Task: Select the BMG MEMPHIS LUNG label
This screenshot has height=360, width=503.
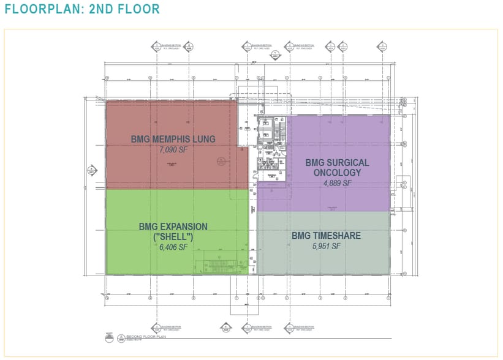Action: click(x=173, y=139)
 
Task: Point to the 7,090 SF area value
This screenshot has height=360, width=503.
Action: click(x=173, y=149)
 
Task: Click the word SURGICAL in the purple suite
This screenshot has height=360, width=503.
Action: click(x=347, y=163)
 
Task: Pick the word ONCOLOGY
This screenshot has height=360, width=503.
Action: click(x=338, y=173)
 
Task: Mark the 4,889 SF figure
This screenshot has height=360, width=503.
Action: click(x=338, y=182)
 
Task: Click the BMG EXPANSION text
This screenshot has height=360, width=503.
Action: click(x=173, y=227)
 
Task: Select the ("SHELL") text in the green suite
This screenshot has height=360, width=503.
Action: click(x=173, y=237)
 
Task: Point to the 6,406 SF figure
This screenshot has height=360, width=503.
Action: click(x=173, y=247)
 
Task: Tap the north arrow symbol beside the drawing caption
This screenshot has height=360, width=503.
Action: click(x=109, y=336)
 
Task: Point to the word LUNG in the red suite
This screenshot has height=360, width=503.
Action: click(x=203, y=139)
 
